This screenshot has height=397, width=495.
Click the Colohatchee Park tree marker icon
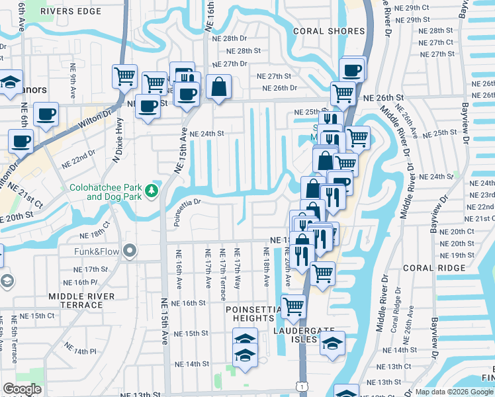tap(152, 191)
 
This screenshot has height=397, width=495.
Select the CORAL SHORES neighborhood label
tap(326, 31)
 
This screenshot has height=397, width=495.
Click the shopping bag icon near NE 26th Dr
tap(218, 85)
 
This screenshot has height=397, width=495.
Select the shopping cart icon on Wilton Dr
tap(124, 75)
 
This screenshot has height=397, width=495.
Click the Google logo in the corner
tap(22, 389)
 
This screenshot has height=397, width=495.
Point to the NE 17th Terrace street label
tap(223, 273)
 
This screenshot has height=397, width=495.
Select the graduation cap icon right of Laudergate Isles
tap(332, 343)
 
